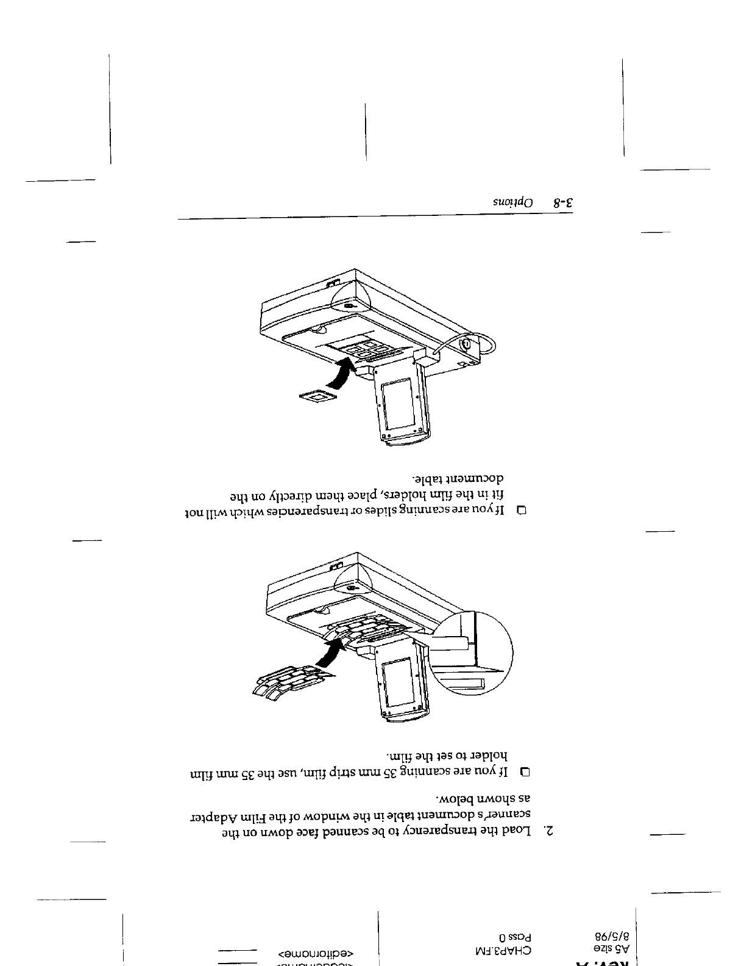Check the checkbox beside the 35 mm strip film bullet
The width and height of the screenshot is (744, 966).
(x=525, y=772)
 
